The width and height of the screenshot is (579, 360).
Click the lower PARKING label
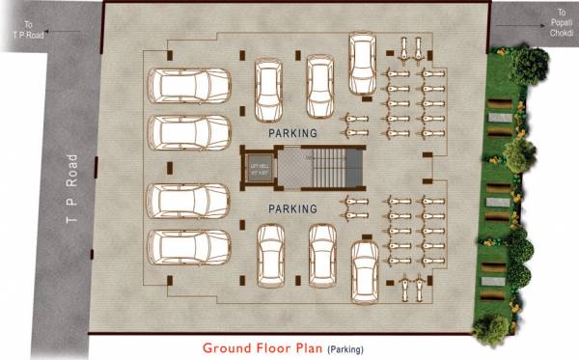point(293,208)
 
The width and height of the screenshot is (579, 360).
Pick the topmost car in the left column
point(188,86)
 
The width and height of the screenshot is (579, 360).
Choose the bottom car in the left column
point(188,248)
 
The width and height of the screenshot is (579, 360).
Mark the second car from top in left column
point(188,134)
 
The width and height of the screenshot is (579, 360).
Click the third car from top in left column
point(188,202)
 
